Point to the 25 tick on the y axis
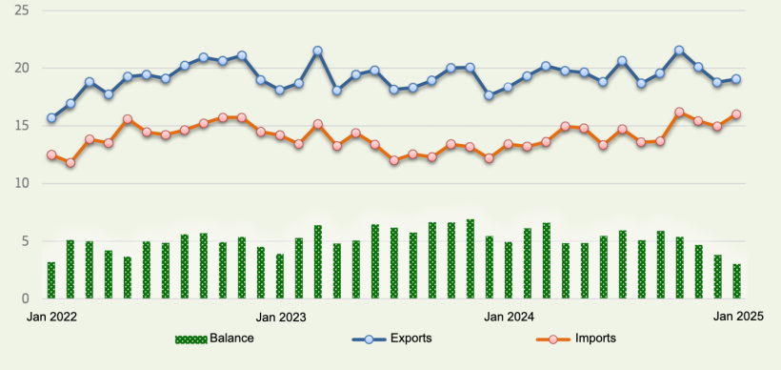[22, 10]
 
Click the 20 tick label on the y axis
[22, 69]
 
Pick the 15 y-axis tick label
[22, 126]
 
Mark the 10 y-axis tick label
[22, 183]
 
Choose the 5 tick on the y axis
[26, 241]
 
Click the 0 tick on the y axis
[26, 298]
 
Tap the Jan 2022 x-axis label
[51, 316]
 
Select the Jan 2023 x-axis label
[279, 316]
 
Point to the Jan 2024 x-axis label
[508, 316]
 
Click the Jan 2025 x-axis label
[736, 316]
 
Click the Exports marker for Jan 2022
[51, 119]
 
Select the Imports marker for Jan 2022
[51, 155]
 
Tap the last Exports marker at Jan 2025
[736, 79]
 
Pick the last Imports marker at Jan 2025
[736, 114]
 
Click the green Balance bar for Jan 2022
[51, 280]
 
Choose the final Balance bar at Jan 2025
[736, 281]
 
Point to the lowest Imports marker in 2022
[70, 163]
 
